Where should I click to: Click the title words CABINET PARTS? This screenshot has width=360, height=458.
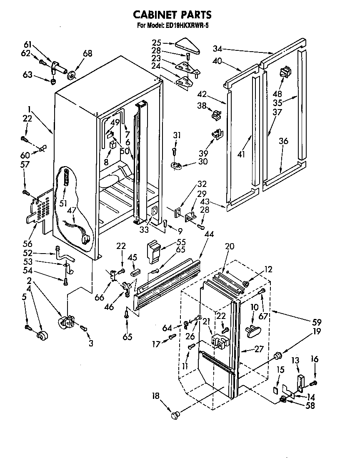click(x=172, y=15)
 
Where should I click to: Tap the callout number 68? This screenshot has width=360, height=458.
click(x=87, y=53)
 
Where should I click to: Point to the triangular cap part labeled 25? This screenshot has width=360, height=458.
click(x=187, y=45)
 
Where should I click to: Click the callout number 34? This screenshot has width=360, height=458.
click(x=217, y=49)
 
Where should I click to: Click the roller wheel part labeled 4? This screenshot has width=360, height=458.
click(x=42, y=336)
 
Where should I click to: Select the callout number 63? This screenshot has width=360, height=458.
click(x=27, y=75)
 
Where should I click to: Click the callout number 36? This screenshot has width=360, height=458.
click(x=283, y=141)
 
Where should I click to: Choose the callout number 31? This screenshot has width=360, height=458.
click(x=177, y=135)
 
